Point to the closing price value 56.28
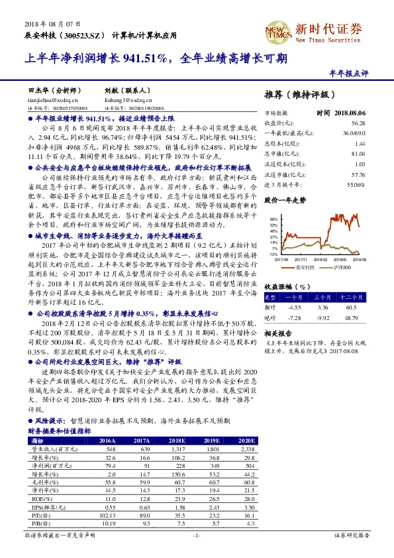pos(358,123)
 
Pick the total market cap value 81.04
pos(358,154)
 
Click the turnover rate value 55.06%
pos(356,184)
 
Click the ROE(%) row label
pos(42,498)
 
